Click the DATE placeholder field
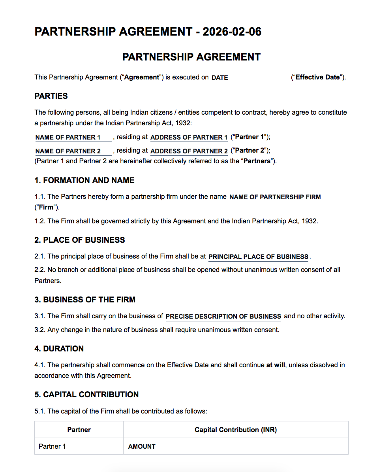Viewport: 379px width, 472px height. (250, 78)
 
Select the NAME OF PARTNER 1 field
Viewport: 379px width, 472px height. (73, 138)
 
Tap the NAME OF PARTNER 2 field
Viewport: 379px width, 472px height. (73, 151)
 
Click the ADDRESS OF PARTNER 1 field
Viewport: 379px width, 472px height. (189, 138)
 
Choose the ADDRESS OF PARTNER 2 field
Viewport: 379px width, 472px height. (189, 151)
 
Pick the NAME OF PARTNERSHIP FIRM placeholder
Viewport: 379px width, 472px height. (275, 197)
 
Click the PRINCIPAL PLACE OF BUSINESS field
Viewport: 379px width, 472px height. (258, 257)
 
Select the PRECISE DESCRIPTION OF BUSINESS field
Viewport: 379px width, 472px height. (223, 317)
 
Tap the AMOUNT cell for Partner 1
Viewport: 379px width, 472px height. (142, 447)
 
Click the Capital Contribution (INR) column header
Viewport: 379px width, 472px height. (236, 430)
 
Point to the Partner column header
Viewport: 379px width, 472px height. (79, 430)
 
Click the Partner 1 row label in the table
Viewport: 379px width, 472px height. (52, 447)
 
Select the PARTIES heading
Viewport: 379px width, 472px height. (51, 96)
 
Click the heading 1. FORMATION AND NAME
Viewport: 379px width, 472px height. (84, 180)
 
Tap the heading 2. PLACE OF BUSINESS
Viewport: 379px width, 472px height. (80, 240)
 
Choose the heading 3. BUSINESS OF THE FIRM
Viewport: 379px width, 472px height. (85, 300)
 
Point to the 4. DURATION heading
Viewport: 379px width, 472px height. (59, 349)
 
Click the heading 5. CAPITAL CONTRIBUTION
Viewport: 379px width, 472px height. (86, 395)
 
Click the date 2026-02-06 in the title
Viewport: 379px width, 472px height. (232, 32)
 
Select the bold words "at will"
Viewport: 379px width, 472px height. (276, 365)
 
